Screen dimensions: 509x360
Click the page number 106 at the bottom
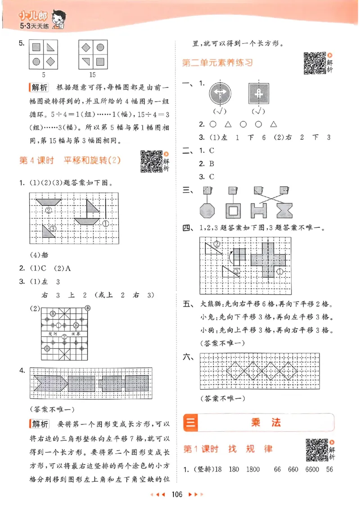point(176,495)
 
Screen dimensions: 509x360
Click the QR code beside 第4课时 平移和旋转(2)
point(150,161)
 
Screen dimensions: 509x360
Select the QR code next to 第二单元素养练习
point(314,63)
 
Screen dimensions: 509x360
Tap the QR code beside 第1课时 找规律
point(316,450)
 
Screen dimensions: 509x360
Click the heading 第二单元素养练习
point(217,63)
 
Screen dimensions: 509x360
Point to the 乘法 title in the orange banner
point(260,423)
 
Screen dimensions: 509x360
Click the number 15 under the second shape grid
point(92,74)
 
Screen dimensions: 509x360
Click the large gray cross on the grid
point(269,261)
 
